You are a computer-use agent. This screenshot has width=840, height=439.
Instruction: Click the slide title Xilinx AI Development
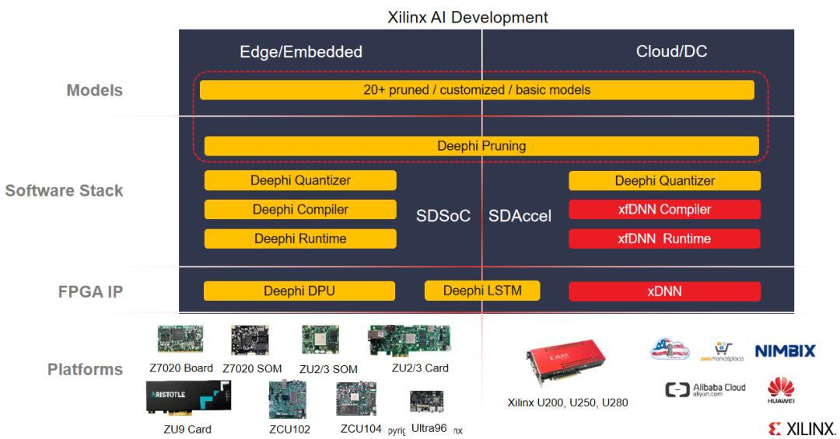(467, 17)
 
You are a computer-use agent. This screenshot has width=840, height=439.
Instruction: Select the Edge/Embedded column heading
(301, 52)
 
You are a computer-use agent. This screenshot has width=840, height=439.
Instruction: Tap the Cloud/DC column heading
(671, 52)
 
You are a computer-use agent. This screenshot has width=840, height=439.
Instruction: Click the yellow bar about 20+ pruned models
(477, 90)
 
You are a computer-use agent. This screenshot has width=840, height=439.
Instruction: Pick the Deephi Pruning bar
(481, 146)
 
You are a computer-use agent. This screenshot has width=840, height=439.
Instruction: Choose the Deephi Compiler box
(300, 210)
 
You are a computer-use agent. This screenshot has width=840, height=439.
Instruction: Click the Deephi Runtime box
(300, 239)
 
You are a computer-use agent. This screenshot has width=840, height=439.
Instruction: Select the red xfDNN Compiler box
(664, 210)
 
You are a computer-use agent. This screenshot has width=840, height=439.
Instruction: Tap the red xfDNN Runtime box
(664, 239)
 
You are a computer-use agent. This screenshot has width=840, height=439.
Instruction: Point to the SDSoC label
(443, 216)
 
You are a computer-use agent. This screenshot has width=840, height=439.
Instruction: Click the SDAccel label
(520, 216)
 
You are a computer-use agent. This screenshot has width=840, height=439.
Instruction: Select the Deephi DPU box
(299, 291)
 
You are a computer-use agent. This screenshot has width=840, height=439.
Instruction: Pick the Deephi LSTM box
(482, 291)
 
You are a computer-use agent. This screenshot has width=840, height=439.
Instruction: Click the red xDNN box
(664, 291)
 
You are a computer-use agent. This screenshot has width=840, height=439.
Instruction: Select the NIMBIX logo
(785, 351)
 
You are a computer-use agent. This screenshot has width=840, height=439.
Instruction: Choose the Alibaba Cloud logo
(705, 389)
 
